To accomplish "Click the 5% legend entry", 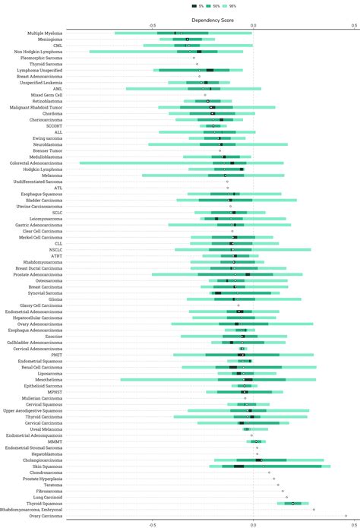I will pos(196,6).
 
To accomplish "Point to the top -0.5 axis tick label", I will pos(152,25).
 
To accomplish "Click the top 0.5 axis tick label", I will pos(353,25).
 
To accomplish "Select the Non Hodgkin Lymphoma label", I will pos(39,52).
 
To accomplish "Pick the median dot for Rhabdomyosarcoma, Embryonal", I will pos(314,510).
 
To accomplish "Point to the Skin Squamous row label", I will pos(48,466).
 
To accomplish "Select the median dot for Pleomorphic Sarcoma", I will pos(194,58).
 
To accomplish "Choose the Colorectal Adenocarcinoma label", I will pos(35,163).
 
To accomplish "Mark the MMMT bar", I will pos(256,441).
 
